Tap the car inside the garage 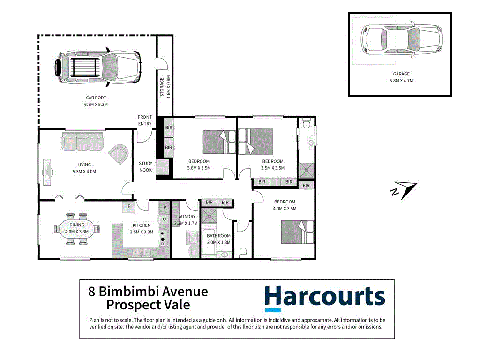(402, 41)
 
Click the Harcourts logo (324, 298)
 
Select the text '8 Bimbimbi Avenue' (148, 292)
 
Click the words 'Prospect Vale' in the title (148, 305)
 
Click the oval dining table (76, 229)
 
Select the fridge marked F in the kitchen (129, 206)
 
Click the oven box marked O (164, 219)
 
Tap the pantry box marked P (164, 207)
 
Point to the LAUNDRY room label (186, 217)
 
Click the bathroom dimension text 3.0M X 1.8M (218, 242)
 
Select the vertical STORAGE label (163, 87)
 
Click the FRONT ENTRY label (145, 120)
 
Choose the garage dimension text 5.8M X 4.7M (401, 81)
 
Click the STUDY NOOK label (145, 166)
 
